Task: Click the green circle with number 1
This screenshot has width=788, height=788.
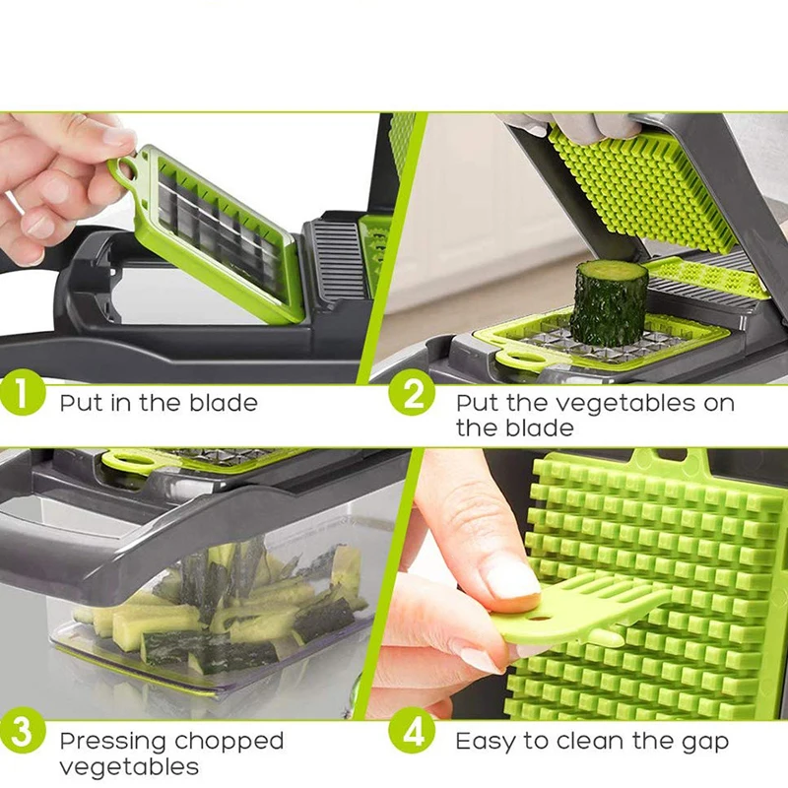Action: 23,401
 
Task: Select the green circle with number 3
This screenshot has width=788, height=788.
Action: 23,738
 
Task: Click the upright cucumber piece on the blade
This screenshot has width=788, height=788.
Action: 609,301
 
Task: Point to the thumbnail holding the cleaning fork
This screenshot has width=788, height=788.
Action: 513,580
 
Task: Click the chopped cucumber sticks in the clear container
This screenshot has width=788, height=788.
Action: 227,601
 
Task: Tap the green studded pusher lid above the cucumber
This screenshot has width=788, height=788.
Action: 640,187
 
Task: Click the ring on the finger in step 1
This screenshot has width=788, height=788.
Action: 15,203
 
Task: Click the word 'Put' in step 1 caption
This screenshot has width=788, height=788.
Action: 80,402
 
